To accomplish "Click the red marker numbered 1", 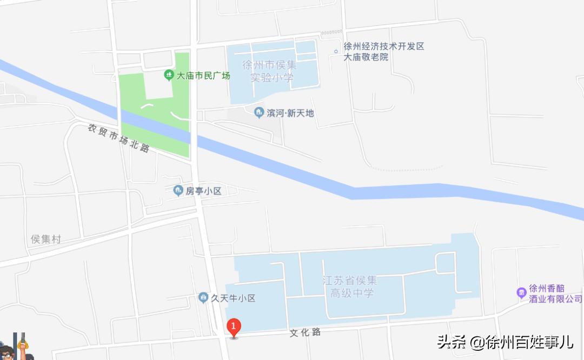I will (233, 326).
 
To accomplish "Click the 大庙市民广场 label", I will (203, 76).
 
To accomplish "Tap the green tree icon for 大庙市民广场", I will (169, 75).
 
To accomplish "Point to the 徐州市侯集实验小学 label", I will (270, 71).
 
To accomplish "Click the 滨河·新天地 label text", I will (290, 113).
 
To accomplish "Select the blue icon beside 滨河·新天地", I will (258, 112).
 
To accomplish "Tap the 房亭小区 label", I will (204, 191).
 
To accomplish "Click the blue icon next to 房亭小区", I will (178, 191).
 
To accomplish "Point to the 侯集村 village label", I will (46, 239).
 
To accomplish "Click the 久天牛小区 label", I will (233, 298).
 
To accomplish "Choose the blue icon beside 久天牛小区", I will (203, 297).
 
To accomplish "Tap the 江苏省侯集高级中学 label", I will (350, 286).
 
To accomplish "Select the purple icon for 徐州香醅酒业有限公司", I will (521, 293).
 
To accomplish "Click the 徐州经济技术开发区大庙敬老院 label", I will (384, 51).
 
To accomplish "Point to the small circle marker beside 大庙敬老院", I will (336, 52).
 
